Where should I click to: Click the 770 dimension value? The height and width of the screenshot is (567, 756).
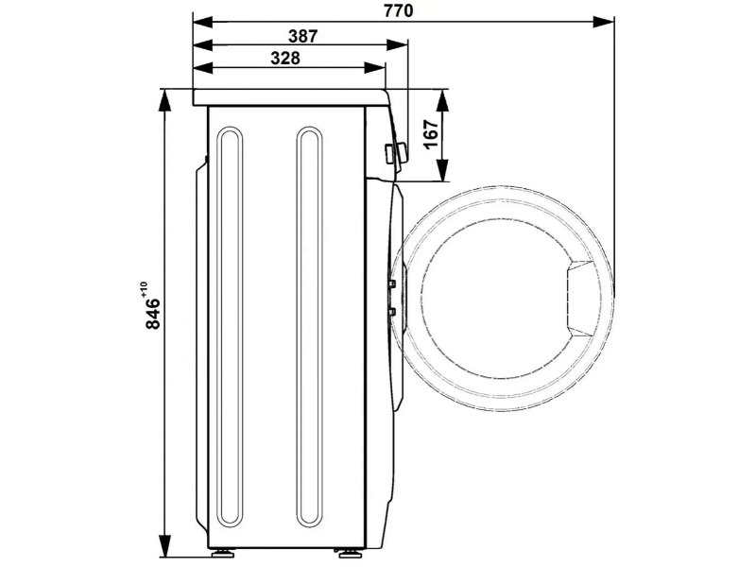pyautogui.click(x=398, y=10)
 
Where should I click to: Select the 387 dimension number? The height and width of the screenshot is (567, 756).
pyautogui.click(x=302, y=36)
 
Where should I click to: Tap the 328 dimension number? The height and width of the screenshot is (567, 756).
pyautogui.click(x=285, y=59)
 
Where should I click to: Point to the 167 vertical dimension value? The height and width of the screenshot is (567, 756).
pyautogui.click(x=432, y=134)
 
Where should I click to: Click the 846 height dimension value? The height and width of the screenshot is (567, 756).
pyautogui.click(x=152, y=314)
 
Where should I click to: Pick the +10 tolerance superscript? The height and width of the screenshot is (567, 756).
pyautogui.click(x=144, y=288)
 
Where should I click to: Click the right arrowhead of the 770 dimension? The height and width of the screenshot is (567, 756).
pyautogui.click(x=604, y=22)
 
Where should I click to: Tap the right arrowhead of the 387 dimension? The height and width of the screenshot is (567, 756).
pyautogui.click(x=397, y=45)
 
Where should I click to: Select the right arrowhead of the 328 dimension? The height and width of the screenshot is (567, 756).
pyautogui.click(x=374, y=68)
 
